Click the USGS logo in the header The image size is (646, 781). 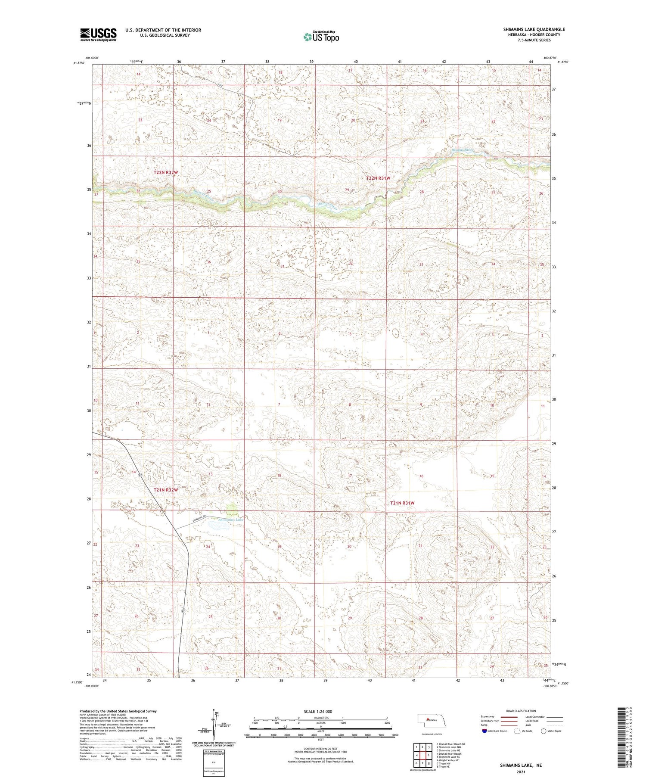click(x=98, y=34)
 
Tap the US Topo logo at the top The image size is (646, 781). click(x=321, y=37)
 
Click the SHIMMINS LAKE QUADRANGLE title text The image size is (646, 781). click(x=534, y=29)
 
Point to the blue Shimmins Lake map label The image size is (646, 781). click(x=231, y=520)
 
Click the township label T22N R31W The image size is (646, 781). click(x=378, y=178)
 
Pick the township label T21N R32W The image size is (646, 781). click(x=166, y=490)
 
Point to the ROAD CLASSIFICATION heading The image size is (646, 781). click(x=521, y=710)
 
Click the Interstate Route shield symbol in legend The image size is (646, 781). click(x=484, y=731)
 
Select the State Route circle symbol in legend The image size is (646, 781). click(x=544, y=731)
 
